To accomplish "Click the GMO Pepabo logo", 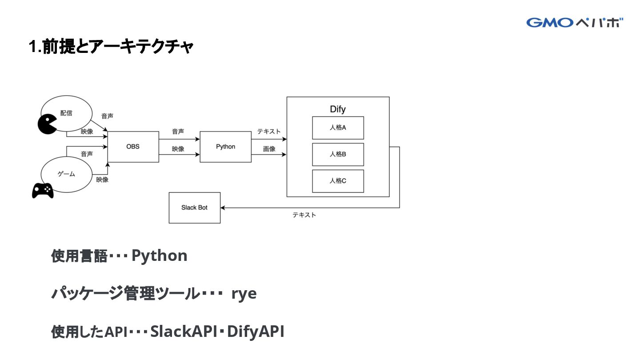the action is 575,23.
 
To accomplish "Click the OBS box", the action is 133,147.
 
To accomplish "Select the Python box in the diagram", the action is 226,147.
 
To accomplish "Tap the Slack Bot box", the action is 195,208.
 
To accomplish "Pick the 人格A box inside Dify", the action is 338,128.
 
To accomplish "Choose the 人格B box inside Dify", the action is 338,154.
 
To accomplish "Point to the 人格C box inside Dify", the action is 338,181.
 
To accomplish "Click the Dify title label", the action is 338,109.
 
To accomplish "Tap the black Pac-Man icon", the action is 47,124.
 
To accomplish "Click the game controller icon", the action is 43,190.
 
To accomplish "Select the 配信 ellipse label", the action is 66,113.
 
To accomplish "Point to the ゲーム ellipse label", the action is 66,174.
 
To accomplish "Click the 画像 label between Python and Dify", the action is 269,149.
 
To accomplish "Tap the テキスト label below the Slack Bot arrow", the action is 304,215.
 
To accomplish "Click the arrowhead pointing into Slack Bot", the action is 223,208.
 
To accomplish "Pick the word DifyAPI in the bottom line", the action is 256,332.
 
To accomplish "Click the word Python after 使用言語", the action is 160,256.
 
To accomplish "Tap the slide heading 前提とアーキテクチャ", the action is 118,47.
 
